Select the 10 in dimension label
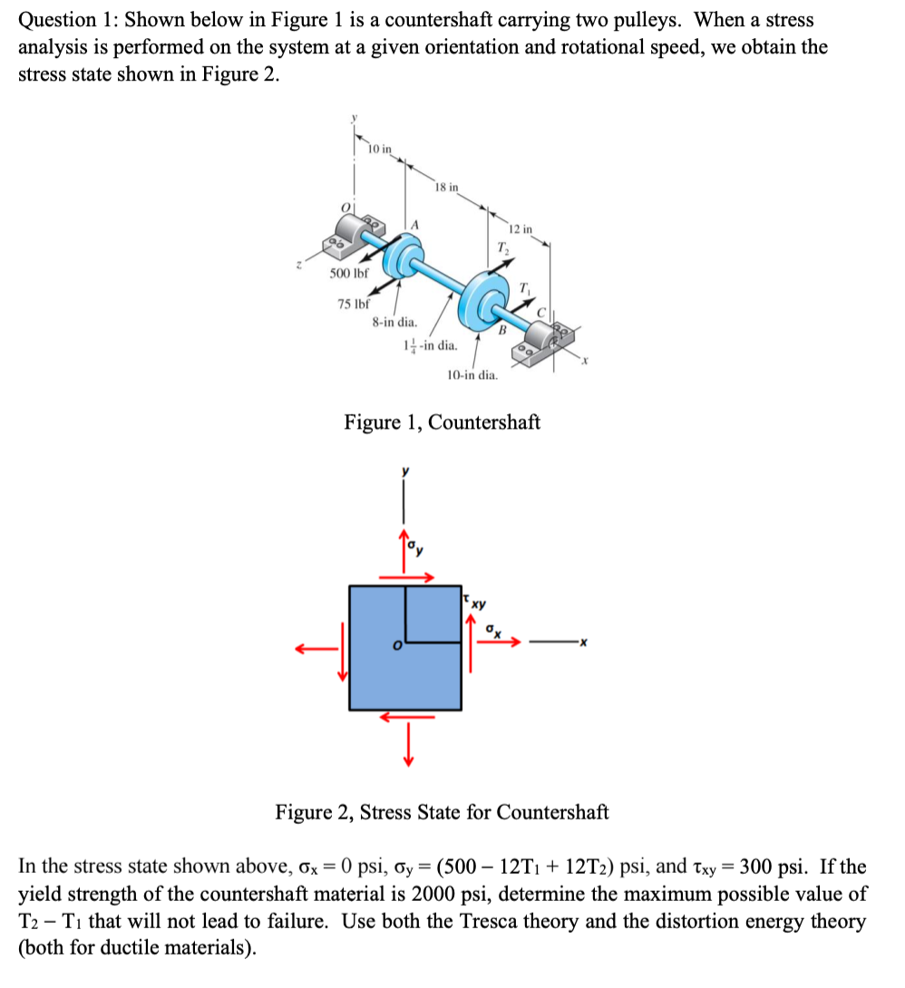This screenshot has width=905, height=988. (x=382, y=149)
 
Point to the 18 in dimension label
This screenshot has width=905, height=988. (x=446, y=188)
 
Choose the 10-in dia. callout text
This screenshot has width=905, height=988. (x=472, y=374)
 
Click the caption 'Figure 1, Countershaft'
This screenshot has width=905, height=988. (x=442, y=422)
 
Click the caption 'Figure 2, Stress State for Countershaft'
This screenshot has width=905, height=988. (x=442, y=811)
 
